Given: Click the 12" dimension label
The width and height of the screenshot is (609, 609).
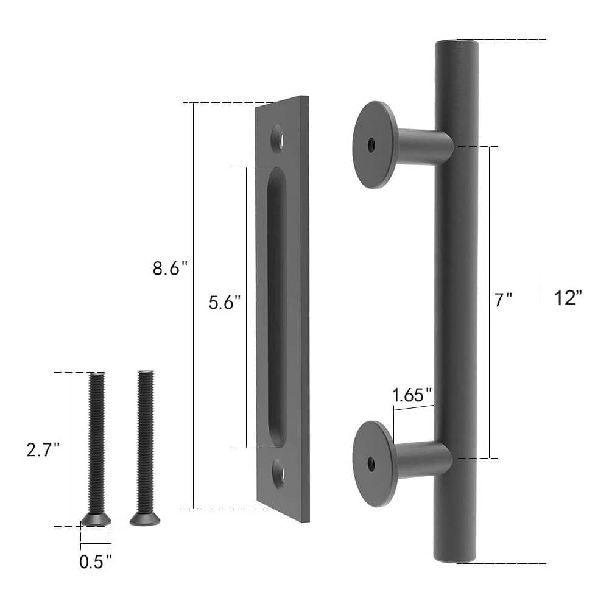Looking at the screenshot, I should tap(569, 298).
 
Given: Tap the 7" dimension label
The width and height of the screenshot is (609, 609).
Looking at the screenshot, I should tap(503, 300).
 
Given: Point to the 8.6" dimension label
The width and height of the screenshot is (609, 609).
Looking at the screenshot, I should tap(171, 269).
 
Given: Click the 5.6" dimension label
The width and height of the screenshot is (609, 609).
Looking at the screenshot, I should tap(225, 303).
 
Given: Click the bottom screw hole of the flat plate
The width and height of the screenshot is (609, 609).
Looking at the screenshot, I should tap(278, 473).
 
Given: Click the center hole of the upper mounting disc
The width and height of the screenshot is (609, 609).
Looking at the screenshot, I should tap(371, 144).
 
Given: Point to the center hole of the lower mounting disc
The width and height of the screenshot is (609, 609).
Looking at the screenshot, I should tap(371, 465).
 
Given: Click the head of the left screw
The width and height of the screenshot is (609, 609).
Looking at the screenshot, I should tap(96, 519).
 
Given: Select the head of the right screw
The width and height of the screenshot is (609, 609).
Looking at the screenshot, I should tap(145, 519).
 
